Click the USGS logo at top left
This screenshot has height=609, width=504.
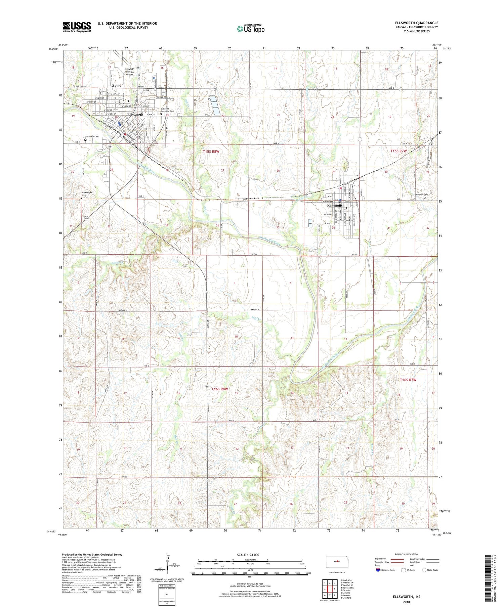77,27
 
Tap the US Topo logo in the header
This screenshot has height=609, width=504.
250,29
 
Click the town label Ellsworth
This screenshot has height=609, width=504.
135,115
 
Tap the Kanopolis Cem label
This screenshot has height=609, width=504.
422,194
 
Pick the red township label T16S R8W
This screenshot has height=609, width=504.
220,389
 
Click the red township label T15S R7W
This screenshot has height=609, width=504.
398,151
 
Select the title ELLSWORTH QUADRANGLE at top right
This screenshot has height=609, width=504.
417,23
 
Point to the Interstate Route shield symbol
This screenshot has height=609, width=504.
378,570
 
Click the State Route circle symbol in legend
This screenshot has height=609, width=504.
424,570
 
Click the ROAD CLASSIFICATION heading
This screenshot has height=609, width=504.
407,554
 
